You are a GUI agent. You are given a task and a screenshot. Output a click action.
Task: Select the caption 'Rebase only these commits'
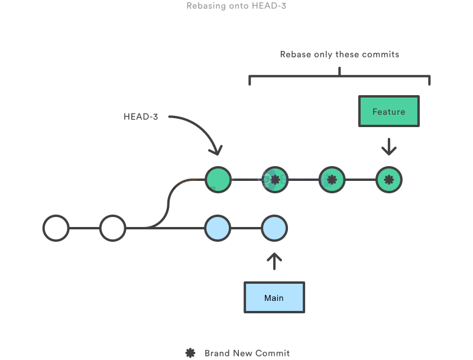pyautogui.click(x=339, y=54)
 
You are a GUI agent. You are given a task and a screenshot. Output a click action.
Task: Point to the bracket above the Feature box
pyautogui.click(x=339, y=76)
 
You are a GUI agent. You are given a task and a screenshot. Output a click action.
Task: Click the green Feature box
pyautogui.click(x=388, y=111)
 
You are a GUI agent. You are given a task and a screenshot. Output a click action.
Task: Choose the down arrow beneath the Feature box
pyautogui.click(x=388, y=146)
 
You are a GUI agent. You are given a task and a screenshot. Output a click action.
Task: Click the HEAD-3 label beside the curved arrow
pyautogui.click(x=141, y=116)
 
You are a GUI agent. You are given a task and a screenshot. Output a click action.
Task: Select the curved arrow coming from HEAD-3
pyautogui.click(x=202, y=130)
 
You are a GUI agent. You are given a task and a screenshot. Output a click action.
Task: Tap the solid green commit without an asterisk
pyautogui.click(x=218, y=180)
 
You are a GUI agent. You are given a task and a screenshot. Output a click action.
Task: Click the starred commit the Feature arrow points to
pyautogui.click(x=389, y=180)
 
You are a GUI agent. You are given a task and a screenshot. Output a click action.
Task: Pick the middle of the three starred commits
pyautogui.click(x=332, y=180)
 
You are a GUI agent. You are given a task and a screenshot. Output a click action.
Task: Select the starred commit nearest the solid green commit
pyautogui.click(x=274, y=180)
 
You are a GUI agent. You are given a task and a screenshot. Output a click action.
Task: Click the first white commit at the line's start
pyautogui.click(x=56, y=228)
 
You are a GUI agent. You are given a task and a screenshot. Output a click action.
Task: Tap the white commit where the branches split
pyautogui.click(x=112, y=228)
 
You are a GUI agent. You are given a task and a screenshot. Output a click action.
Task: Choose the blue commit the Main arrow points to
pyautogui.click(x=274, y=228)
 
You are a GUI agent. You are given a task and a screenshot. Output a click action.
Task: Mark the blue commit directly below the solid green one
pyautogui.click(x=218, y=228)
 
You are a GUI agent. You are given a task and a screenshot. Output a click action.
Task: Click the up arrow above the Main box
pyautogui.click(x=274, y=261)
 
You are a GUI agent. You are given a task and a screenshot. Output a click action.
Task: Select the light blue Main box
pyautogui.click(x=274, y=297)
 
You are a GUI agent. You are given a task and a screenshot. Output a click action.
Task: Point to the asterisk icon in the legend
pyautogui.click(x=190, y=353)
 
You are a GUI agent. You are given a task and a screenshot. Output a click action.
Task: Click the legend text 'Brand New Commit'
pyautogui.click(x=247, y=353)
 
